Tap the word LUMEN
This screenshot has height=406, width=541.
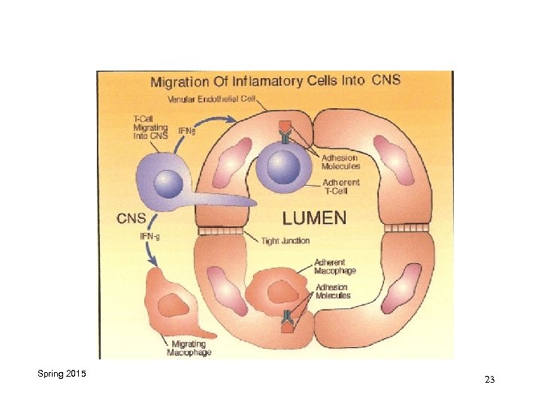pyautogui.click(x=314, y=219)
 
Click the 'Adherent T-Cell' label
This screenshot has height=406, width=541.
pyautogui.click(x=340, y=187)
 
